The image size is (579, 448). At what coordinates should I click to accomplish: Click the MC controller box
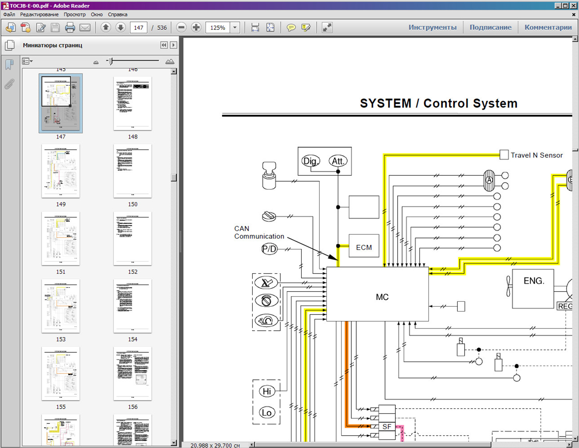(378, 294)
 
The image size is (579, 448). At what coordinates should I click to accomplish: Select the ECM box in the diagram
(364, 247)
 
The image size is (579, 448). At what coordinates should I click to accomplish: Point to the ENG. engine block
(533, 288)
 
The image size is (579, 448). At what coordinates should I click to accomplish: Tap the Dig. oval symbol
(310, 161)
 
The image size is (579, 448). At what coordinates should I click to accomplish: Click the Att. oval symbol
(338, 161)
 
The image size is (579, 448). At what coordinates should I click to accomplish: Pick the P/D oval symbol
(269, 249)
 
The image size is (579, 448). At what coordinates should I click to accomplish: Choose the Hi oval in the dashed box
(267, 391)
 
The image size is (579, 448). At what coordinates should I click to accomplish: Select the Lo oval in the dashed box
(267, 413)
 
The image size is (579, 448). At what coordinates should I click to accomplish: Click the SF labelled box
(387, 426)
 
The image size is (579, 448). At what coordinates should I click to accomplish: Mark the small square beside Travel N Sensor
(504, 155)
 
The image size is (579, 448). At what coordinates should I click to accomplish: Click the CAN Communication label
(259, 232)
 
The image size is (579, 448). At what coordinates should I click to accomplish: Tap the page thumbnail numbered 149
(61, 171)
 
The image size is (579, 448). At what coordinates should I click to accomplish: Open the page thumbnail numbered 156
(132, 374)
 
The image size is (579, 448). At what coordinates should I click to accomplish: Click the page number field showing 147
(138, 28)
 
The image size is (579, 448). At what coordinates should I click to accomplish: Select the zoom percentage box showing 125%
(218, 28)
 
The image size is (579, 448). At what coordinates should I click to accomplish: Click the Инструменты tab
(432, 28)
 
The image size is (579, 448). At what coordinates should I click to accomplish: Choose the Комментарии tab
(548, 28)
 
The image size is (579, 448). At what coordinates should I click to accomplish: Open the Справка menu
(118, 15)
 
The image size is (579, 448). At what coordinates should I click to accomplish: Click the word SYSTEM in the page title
(385, 103)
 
